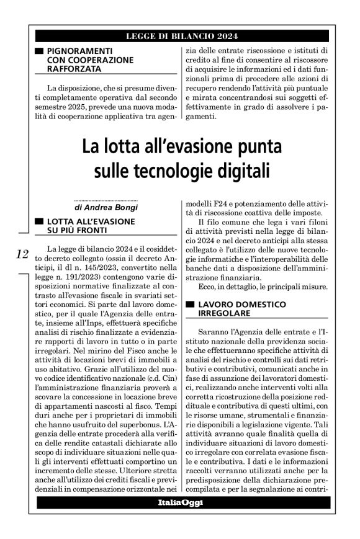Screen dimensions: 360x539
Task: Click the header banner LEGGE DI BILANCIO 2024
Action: (x=180, y=35)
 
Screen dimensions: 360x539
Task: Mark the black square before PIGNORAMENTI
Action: (x=39, y=50)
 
